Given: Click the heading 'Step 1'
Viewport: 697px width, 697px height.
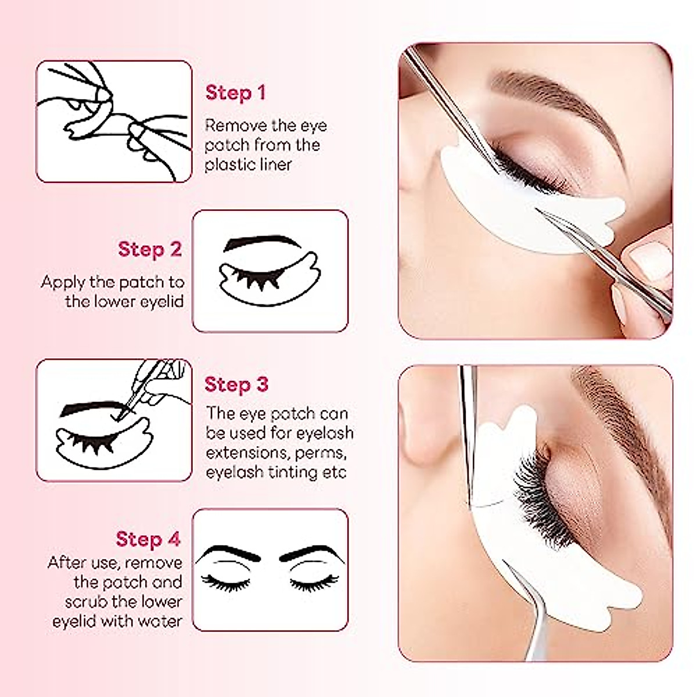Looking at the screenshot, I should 235,93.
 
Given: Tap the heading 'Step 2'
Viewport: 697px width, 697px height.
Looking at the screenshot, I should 150,249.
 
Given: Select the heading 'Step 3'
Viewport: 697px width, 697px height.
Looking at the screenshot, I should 236,385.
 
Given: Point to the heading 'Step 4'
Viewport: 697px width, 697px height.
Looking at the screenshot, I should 148,538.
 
